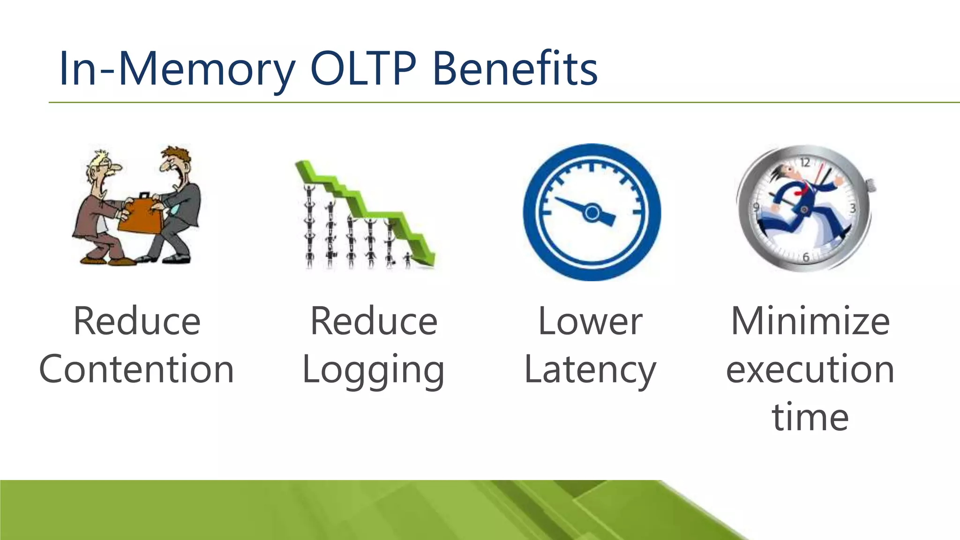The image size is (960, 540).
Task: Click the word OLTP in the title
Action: tap(363, 69)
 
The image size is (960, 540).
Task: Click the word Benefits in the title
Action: tap(515, 69)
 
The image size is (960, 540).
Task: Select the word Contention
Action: tap(136, 369)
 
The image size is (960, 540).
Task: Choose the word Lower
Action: tap(590, 322)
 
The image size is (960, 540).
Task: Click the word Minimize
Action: tap(810, 322)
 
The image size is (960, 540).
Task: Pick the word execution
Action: tap(810, 369)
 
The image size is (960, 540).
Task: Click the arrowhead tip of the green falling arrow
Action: tap(428, 263)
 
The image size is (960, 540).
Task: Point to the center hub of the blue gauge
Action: tap(592, 213)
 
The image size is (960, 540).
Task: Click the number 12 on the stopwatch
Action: tap(805, 163)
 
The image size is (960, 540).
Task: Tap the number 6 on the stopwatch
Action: tap(806, 257)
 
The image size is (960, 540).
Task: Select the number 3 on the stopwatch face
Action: tap(853, 209)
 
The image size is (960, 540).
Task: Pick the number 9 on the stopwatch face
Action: tap(756, 208)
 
